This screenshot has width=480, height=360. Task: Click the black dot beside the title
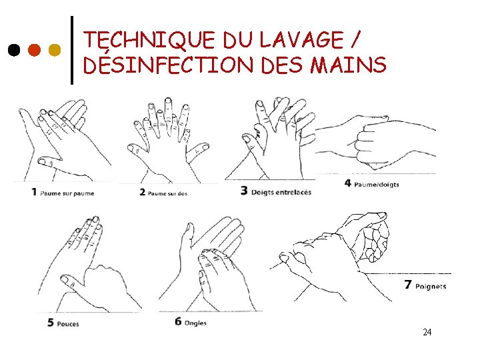coord(14,50)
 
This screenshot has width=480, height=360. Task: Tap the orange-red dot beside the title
coord(34,50)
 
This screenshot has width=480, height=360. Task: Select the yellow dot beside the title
coord(55,50)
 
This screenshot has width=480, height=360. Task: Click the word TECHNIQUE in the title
coord(149,40)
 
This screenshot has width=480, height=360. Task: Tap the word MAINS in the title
coord(348,64)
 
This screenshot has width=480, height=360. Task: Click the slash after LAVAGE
coord(355,39)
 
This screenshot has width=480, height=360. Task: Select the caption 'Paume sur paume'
coord(67,193)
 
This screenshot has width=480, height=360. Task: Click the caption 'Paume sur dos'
coord(167,193)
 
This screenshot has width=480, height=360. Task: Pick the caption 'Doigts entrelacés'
coord(281,192)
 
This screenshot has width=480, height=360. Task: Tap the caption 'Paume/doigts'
coord(377,185)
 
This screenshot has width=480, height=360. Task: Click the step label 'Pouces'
coord(68,324)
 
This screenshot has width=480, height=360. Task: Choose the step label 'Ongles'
coord(195,323)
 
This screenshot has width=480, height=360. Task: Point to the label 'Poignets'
coord(431,287)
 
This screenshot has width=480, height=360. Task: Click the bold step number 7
coord(407,285)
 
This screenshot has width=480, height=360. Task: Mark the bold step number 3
coord(244,191)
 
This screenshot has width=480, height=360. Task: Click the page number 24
coord(427,332)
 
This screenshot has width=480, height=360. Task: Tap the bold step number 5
coord(51,323)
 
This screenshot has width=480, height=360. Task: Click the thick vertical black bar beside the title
coord(72,50)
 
